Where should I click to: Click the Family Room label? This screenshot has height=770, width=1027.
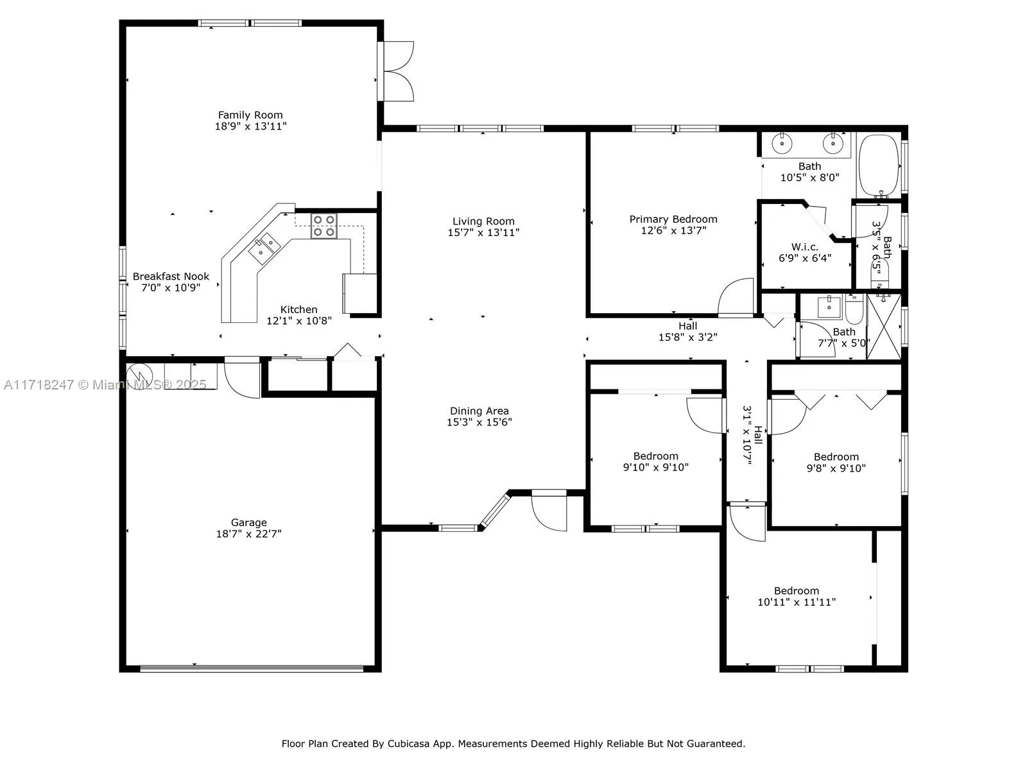[x=250, y=115]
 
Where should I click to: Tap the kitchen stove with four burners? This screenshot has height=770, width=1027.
[x=324, y=226]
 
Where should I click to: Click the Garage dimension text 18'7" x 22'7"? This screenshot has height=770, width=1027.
[x=248, y=533]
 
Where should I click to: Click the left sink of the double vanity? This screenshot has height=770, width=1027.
[x=782, y=144]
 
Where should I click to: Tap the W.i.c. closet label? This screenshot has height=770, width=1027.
[x=805, y=247]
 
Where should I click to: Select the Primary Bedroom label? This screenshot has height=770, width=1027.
[x=673, y=219]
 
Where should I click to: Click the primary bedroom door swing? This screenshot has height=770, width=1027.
[x=737, y=298]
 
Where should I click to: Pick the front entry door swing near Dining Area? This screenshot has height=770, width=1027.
[x=550, y=511]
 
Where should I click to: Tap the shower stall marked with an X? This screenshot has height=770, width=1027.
[x=884, y=326]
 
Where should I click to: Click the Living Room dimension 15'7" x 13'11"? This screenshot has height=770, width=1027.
[x=483, y=232]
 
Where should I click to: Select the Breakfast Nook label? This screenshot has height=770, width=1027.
[x=171, y=277]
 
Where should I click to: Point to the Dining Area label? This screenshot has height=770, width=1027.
[x=479, y=411]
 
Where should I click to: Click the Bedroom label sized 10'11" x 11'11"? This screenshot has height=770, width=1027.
[x=797, y=591]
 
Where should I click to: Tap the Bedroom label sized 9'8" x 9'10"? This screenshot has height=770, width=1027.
[x=836, y=457]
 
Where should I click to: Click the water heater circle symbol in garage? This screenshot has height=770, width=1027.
[x=137, y=374]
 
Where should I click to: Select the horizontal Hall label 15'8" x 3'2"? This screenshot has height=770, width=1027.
[x=687, y=326]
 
